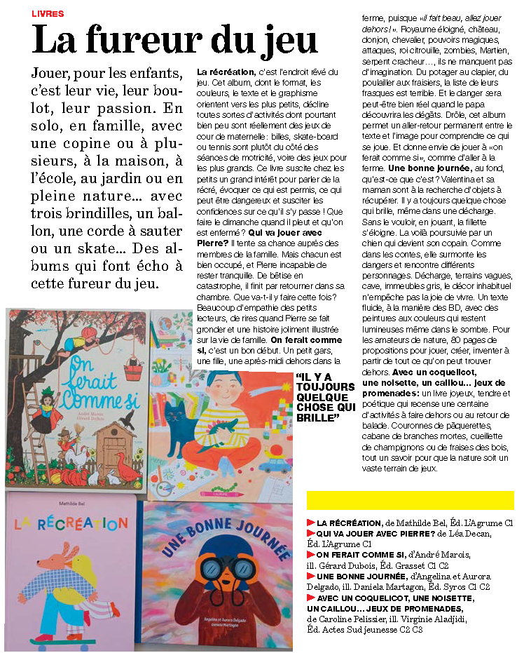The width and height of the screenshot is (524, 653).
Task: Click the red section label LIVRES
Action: click(48, 13)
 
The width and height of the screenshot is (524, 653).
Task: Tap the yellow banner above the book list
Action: click(410, 500)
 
